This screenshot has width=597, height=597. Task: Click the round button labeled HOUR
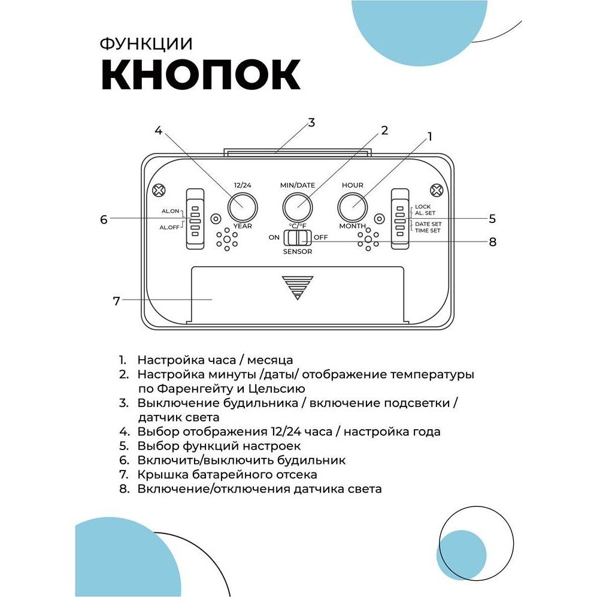pos(353,207)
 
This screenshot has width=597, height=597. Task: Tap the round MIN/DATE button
pos(298,207)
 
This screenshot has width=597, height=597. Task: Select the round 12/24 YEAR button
pos(242,207)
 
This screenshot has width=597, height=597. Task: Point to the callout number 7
pos(116,300)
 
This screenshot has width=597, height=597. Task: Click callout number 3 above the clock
pos(311,123)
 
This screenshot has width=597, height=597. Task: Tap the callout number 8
pos(493,242)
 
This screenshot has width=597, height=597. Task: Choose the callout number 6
pos(104,219)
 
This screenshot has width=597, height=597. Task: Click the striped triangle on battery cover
pos(298,287)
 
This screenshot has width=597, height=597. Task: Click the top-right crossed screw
pos(438,191)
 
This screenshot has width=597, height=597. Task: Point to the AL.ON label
pos(170,212)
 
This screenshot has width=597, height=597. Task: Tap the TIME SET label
pos(428,230)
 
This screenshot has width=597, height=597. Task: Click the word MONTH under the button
pos(353,226)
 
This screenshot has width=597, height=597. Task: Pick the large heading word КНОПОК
pos(200,74)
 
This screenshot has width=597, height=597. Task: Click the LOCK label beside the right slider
pos(423,207)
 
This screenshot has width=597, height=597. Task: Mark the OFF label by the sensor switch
pos(321,237)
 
